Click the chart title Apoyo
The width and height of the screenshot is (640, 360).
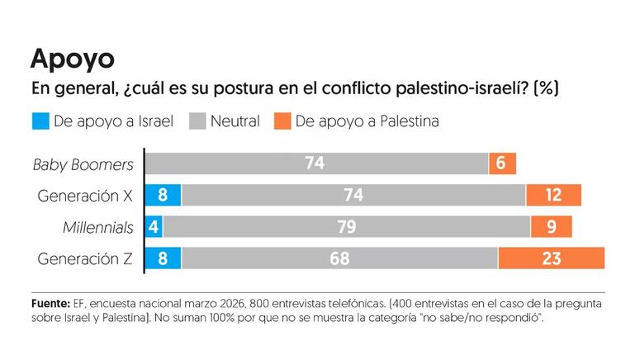[72, 58]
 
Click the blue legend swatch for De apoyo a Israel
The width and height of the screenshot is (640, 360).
[40, 121]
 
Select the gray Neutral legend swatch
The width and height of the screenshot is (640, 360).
[197, 121]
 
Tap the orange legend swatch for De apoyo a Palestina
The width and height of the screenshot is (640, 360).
[282, 121]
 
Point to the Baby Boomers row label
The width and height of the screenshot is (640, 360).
[83, 164]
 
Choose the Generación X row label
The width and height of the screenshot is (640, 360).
[85, 196]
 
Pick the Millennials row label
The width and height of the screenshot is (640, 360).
[97, 227]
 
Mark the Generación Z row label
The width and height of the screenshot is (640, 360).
[85, 258]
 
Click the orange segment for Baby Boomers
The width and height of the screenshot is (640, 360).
[502, 163]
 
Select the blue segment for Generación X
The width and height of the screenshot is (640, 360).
[163, 196]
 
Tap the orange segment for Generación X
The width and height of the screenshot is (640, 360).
[553, 196]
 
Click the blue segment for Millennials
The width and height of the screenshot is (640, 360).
[154, 227]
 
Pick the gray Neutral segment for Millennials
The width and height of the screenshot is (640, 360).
[347, 227]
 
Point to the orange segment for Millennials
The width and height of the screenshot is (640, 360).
[551, 227]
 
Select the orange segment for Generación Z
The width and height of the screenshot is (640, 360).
[551, 258]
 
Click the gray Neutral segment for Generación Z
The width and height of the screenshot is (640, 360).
[339, 258]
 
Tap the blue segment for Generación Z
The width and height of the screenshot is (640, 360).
[163, 258]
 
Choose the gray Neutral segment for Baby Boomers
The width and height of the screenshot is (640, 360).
[316, 163]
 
